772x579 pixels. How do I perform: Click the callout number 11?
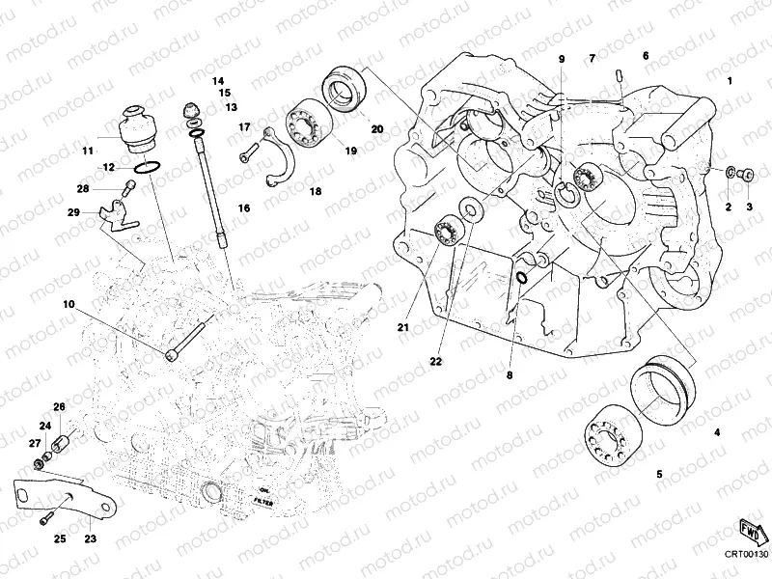[x=87, y=150]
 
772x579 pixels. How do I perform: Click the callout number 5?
[x=659, y=474]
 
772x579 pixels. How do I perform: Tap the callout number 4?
[x=716, y=433]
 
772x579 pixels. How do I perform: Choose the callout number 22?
[x=435, y=361]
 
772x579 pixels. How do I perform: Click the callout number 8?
[x=511, y=373]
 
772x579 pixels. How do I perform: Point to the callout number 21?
[x=401, y=328]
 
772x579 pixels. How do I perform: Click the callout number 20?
[x=376, y=128]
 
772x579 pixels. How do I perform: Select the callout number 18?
[x=315, y=192]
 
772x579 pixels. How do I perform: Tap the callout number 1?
[x=731, y=81]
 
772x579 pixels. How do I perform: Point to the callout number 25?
[x=59, y=538]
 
